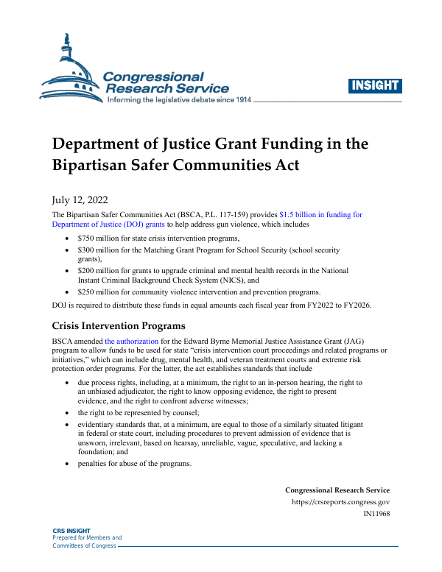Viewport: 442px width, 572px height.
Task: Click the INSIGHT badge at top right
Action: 375,85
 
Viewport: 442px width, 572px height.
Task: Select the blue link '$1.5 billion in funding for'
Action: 320,214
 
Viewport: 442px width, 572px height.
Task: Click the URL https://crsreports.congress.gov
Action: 340,503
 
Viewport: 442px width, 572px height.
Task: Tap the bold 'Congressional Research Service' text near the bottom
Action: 337,490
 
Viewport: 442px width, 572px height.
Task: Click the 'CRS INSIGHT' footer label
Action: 71,530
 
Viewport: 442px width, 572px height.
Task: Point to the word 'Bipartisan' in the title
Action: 92,164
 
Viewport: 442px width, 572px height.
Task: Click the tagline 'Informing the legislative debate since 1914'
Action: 180,99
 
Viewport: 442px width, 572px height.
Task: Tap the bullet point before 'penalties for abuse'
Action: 69,464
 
